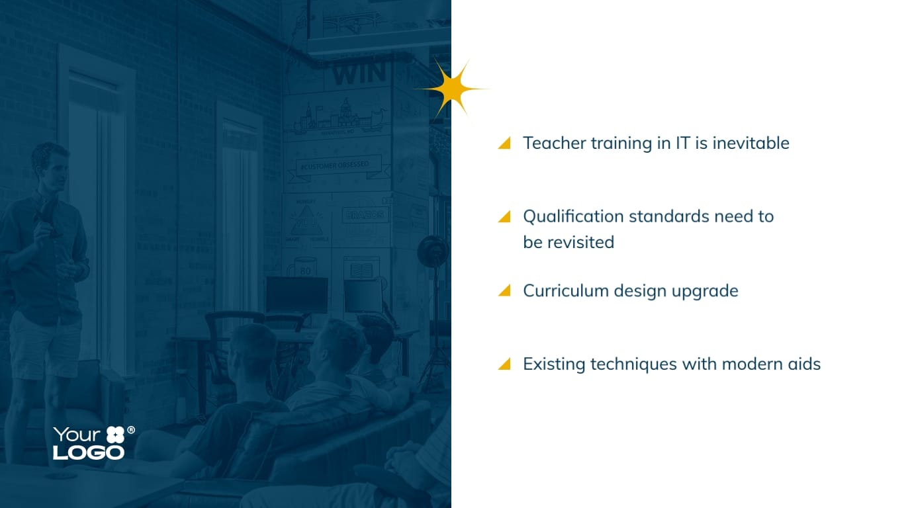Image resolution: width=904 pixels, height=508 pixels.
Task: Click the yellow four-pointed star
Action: (x=453, y=89)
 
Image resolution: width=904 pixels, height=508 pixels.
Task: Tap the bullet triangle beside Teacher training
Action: (x=505, y=144)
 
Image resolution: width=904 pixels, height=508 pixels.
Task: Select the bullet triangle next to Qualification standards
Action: (x=505, y=217)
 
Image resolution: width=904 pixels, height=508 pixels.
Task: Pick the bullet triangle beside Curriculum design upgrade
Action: (x=505, y=290)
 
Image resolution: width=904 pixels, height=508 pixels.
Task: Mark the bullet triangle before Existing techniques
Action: (x=505, y=364)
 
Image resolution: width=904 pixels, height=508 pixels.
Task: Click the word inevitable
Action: (x=750, y=143)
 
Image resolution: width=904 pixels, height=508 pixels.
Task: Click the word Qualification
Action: (x=574, y=217)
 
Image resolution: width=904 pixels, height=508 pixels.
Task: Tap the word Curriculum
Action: (x=566, y=290)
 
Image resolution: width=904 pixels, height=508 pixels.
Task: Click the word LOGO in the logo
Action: (x=89, y=452)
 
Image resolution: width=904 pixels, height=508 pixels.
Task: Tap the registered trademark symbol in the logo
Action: (x=131, y=430)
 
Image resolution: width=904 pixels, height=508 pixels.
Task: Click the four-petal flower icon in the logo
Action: (x=115, y=435)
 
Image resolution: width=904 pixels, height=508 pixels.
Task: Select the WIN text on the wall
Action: (x=359, y=74)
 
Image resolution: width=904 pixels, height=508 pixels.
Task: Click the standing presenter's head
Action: (x=50, y=165)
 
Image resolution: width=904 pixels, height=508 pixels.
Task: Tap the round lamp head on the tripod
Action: (x=433, y=251)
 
